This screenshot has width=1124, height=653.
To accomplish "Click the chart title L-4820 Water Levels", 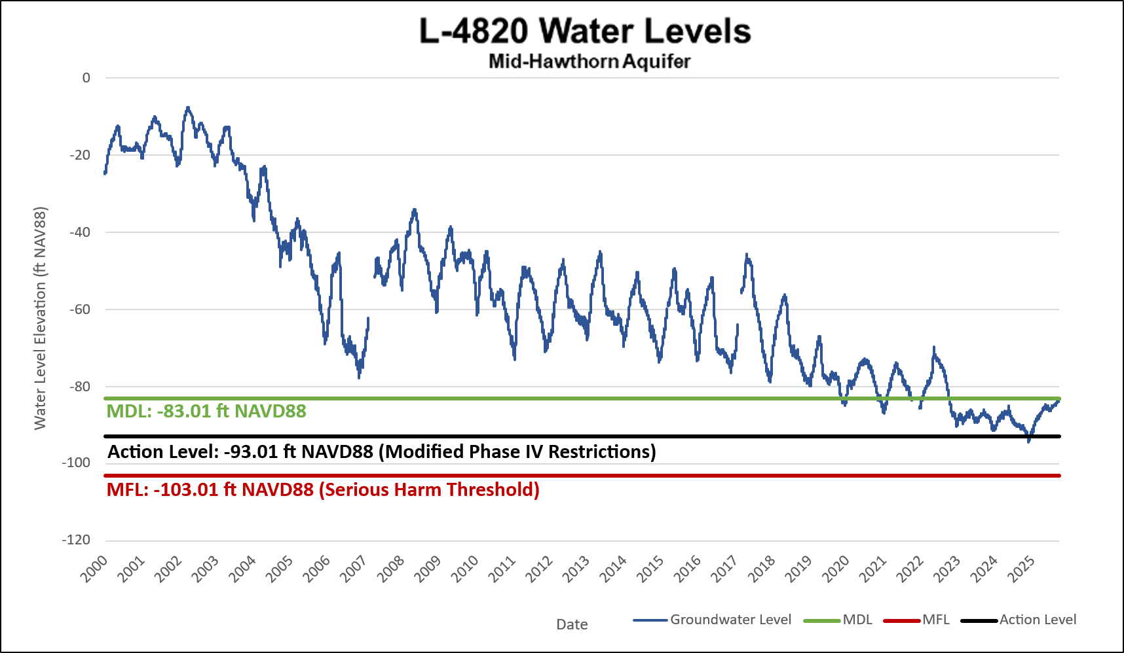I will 584,31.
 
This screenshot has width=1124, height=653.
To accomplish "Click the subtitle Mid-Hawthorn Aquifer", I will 589,62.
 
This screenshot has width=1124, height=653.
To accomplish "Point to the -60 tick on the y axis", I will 81,309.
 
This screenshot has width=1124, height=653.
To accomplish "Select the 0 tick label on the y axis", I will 86,78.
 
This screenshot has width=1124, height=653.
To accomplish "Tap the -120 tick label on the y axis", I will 77,540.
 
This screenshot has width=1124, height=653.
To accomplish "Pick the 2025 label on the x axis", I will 1022,569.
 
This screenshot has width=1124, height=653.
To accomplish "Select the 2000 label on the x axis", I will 94,569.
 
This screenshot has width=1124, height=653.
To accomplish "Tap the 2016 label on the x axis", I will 688,569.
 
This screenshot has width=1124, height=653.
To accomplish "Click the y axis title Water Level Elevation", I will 41,318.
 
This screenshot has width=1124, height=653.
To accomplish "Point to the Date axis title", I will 572,625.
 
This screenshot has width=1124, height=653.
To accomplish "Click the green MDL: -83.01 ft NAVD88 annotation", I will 206,412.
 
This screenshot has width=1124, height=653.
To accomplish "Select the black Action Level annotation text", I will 381,452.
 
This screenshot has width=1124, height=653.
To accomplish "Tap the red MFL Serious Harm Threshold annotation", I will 323,490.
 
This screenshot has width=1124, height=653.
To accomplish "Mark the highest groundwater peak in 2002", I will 188,107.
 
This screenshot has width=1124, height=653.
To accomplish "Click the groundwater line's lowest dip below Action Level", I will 1028,442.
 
